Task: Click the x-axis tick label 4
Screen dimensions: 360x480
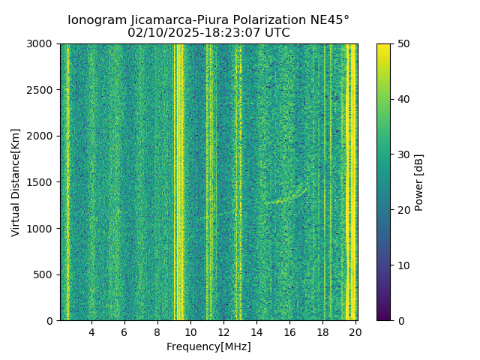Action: (x=91, y=332)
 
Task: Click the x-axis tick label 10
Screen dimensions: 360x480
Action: (x=190, y=332)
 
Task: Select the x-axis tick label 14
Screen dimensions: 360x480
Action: (x=256, y=332)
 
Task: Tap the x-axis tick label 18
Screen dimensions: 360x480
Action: (x=322, y=332)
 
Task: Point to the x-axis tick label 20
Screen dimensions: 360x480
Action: (x=355, y=332)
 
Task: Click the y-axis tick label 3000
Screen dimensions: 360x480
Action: (x=42, y=43)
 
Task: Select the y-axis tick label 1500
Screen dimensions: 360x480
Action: (x=42, y=182)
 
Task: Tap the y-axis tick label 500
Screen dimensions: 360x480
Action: (x=45, y=274)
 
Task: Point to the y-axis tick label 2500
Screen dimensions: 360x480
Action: (x=42, y=90)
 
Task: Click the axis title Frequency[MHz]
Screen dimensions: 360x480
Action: (x=208, y=346)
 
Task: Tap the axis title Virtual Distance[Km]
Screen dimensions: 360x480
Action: (x=16, y=182)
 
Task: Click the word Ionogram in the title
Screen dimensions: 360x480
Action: (x=94, y=20)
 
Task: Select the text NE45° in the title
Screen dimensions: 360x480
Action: (x=330, y=20)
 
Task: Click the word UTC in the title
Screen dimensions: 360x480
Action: (x=275, y=33)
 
